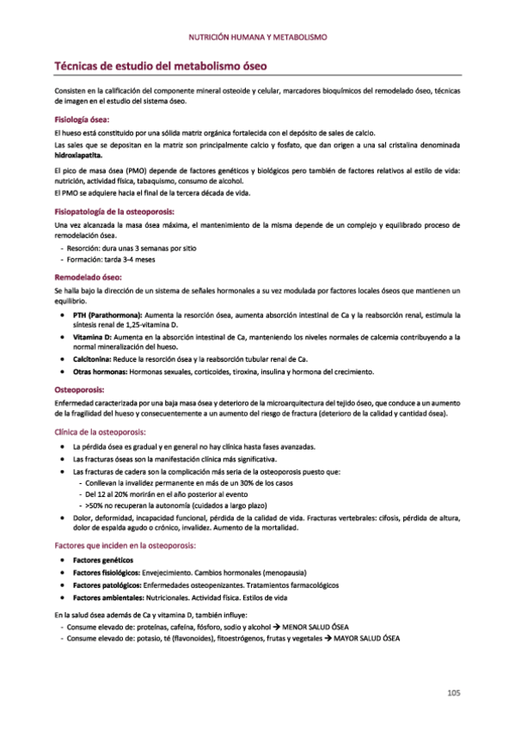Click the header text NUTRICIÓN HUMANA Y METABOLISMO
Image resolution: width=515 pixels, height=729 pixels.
point(257,38)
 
